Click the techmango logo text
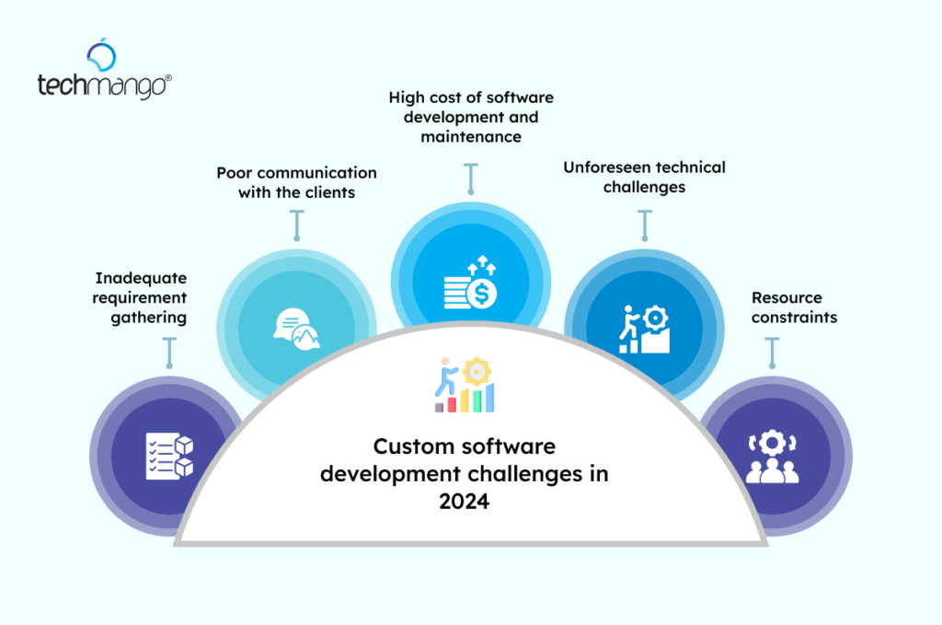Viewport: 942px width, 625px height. click(104, 86)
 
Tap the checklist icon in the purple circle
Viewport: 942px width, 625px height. click(170, 454)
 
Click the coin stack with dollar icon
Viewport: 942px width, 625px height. click(470, 284)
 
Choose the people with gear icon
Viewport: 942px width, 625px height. click(772, 456)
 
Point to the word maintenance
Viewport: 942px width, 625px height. click(471, 136)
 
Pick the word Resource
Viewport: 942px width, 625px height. click(787, 298)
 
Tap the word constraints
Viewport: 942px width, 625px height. click(794, 318)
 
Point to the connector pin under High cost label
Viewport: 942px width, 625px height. click(470, 179)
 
